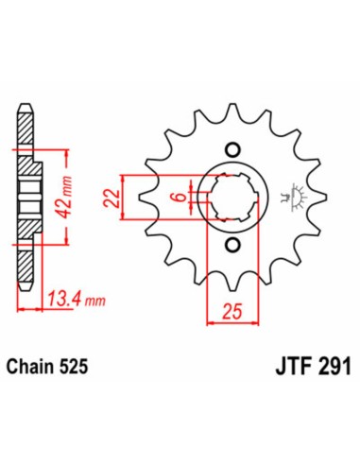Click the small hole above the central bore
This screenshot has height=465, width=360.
[231, 149]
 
